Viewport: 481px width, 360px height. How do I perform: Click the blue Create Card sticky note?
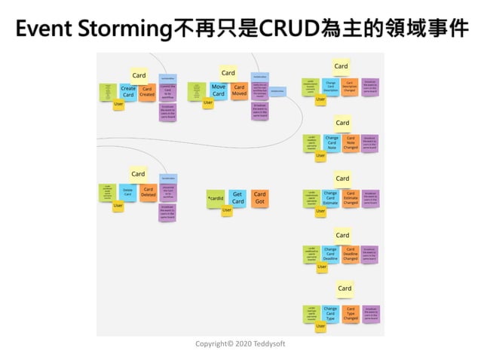coord(128,92)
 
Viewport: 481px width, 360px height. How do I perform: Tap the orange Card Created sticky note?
coord(147,92)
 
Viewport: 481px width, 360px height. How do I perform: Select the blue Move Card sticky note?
coord(219,90)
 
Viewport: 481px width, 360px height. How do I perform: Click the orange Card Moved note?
coord(239,90)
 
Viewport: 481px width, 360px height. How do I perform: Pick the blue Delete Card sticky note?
coord(127,192)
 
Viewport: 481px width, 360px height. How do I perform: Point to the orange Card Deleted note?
coord(148,192)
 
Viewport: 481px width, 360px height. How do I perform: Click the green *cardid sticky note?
coord(216,199)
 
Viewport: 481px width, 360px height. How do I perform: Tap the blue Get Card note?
coord(237,199)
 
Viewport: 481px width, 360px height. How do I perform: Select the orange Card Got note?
coord(259,199)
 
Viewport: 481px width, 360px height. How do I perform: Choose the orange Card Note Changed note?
coord(351,142)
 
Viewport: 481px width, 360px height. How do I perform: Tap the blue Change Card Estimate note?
coord(330,199)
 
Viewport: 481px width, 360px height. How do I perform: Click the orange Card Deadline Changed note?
coord(351,254)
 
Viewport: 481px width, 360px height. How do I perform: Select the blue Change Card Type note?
coord(330,313)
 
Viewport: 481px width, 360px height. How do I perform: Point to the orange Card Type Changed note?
coord(351,313)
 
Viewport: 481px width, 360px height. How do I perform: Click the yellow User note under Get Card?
coord(227,212)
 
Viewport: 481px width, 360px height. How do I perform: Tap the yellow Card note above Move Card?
coord(228,73)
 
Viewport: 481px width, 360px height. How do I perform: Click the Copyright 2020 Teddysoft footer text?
coord(240,343)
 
